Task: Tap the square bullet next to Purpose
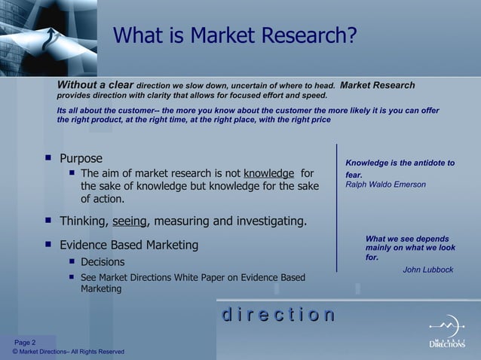[x=48, y=159]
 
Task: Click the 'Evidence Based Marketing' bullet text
[x=129, y=245]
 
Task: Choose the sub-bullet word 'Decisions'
[x=103, y=262]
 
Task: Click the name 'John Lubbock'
[x=428, y=270]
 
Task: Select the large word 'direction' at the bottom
[x=277, y=315]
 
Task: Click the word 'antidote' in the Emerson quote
[x=425, y=163]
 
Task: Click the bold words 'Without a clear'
[x=96, y=85]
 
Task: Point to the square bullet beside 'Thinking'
[x=48, y=221]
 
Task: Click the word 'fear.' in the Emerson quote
[x=354, y=174]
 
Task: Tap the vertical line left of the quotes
[x=336, y=207]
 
